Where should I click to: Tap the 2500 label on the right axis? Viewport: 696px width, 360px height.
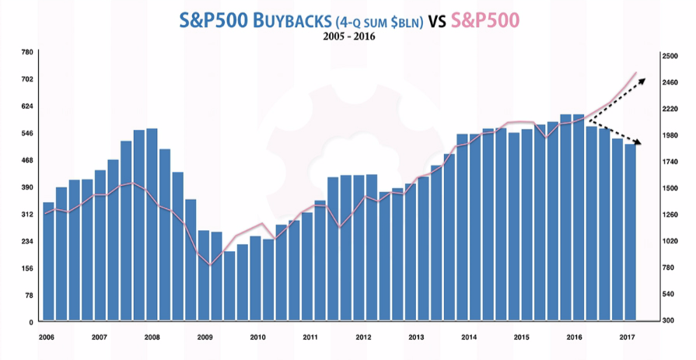pos(670,56)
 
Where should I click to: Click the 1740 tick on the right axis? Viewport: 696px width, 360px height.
pos(670,162)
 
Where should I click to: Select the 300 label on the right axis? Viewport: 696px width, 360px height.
pos(669,320)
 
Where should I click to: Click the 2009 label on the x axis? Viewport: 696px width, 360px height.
pos(205,337)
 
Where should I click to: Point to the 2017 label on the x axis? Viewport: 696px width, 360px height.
pos(627,337)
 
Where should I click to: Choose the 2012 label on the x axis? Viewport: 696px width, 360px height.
pos(363,337)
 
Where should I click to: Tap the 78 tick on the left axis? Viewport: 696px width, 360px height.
pos(29,295)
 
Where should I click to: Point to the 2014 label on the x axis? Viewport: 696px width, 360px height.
pos(469,337)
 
